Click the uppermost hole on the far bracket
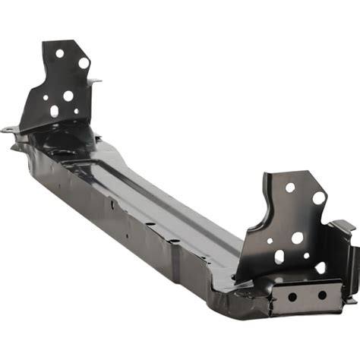(60, 53)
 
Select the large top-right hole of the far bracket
(84, 63)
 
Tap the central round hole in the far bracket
(68, 96)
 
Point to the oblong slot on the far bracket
(55, 111)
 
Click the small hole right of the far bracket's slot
(76, 112)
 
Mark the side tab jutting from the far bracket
(94, 81)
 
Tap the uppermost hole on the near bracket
(289, 187)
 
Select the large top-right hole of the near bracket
(319, 197)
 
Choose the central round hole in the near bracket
(297, 238)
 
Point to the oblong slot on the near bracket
(279, 257)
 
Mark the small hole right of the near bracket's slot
(306, 256)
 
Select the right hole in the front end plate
(322, 295)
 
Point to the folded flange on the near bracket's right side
(342, 243)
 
